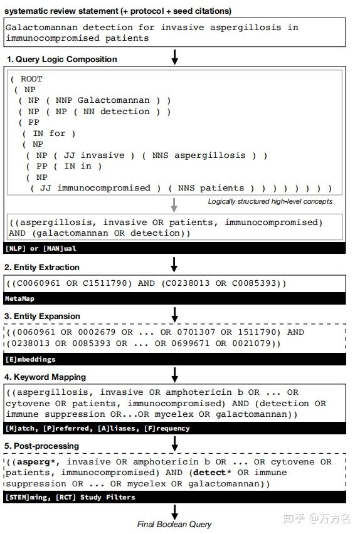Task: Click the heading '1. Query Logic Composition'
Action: point(62,60)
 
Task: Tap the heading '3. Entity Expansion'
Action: point(43,316)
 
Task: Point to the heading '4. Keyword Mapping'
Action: point(45,377)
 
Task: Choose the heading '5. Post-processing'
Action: point(42,446)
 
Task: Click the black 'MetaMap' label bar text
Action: point(20,299)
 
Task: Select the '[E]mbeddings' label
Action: point(30,360)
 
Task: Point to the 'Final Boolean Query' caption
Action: point(174,524)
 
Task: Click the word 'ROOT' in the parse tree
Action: point(31,79)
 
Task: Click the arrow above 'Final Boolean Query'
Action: point(175,510)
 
